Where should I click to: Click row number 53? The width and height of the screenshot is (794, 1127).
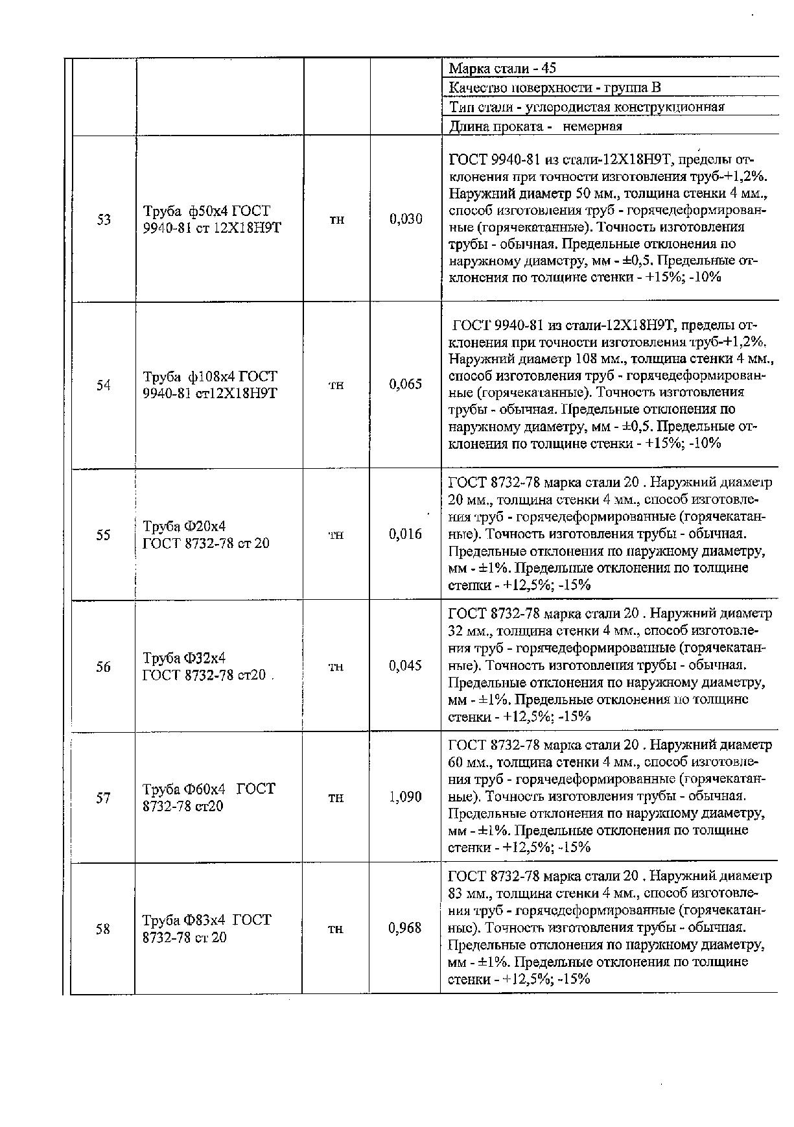click(104, 220)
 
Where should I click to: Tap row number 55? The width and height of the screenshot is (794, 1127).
click(103, 535)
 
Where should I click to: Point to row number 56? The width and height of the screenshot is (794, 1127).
click(103, 667)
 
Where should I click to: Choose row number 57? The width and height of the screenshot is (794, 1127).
click(103, 798)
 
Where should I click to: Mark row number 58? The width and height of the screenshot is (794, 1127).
click(103, 929)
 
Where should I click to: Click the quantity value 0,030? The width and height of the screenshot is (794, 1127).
click(406, 219)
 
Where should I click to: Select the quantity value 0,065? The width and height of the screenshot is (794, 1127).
click(406, 385)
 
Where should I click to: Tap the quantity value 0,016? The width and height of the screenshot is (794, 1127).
click(406, 534)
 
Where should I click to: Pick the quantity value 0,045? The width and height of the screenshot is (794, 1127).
click(406, 666)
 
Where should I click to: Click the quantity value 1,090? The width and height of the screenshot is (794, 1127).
click(406, 797)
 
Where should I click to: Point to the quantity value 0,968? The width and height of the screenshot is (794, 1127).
click(405, 929)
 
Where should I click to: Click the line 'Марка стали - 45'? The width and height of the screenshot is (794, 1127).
click(502, 69)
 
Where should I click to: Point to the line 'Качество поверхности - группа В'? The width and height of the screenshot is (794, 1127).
click(555, 88)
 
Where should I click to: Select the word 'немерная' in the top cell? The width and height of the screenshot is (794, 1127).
click(592, 126)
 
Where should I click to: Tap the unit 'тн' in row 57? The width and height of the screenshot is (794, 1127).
click(336, 798)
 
